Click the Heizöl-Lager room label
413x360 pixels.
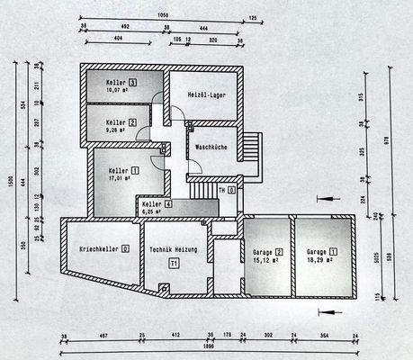(x=205, y=94)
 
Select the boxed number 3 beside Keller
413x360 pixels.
(x=132, y=84)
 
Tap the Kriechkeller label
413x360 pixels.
(x=103, y=247)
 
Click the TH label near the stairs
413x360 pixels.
(x=220, y=190)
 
